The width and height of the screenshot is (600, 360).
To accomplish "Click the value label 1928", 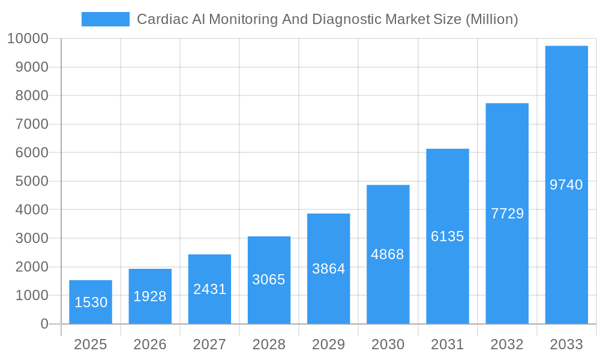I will coord(150,296).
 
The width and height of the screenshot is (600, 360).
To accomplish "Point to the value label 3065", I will coord(269,280).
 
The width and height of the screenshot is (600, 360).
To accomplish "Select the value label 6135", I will coord(448,236).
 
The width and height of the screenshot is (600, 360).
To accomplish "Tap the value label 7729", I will coord(507,214).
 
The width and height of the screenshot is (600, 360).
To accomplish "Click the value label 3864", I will coord(329,269).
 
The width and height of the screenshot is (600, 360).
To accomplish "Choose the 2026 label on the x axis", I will coord(150,344).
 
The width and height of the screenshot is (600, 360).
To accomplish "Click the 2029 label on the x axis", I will coord(329,344).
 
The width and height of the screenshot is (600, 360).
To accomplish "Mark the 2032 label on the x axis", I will coord(507,344).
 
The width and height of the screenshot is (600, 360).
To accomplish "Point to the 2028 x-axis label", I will coord(269,344).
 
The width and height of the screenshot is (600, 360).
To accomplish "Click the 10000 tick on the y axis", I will coord(28,39).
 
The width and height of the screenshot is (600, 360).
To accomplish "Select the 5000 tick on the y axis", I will coord(31,181).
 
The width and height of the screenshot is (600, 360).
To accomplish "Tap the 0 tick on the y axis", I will coord(44,324).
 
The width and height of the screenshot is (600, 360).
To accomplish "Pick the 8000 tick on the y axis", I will coord(31,96).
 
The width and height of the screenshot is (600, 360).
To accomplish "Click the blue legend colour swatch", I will coord(106,19).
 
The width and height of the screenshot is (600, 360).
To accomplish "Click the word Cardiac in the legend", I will coord(158,19).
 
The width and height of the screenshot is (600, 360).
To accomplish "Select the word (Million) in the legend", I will coord(491,19).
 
